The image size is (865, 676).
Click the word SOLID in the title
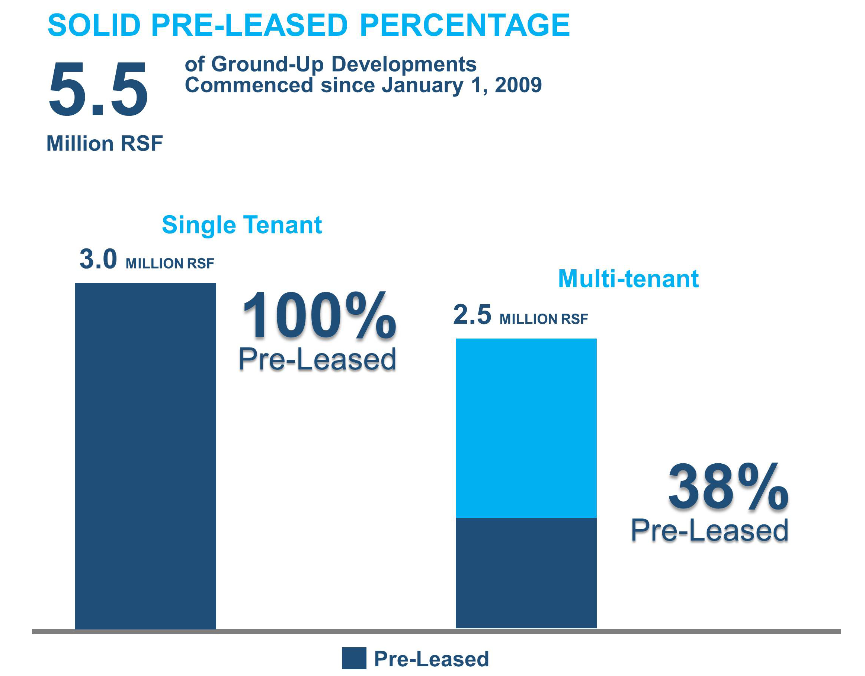click(94, 25)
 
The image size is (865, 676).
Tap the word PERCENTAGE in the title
click(464, 25)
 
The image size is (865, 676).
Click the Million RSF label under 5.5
click(105, 143)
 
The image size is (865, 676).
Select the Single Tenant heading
click(242, 225)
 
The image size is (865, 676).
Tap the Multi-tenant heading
click(628, 279)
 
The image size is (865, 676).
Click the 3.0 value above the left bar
click(98, 260)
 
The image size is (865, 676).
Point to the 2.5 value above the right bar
click(472, 315)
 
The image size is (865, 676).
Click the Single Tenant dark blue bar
click(145, 456)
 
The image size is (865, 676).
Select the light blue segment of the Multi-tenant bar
click(526, 428)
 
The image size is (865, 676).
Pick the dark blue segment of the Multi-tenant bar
click(526, 573)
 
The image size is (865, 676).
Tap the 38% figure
click(728, 488)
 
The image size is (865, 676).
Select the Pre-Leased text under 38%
click(709, 530)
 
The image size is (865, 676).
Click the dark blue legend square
click(354, 658)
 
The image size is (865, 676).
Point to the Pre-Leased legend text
click(431, 659)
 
